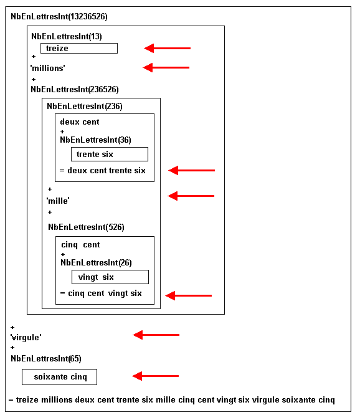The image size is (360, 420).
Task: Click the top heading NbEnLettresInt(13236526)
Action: (59, 17)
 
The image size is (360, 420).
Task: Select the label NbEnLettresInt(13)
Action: (67, 36)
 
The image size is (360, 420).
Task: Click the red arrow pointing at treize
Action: (168, 48)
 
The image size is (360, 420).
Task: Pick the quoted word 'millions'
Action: (47, 69)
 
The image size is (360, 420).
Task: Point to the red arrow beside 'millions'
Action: (166, 67)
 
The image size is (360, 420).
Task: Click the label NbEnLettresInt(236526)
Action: (74, 90)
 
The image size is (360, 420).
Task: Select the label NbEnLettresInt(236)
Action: (85, 107)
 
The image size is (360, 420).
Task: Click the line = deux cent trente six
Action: (102, 170)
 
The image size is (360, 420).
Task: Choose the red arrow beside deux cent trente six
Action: (192, 170)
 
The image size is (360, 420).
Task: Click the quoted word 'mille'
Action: (58, 201)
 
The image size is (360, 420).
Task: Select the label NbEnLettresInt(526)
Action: (86, 227)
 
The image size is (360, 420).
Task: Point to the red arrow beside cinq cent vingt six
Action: (189, 295)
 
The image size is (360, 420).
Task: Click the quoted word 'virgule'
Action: (26, 337)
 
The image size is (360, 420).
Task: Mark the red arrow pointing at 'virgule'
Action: (156, 335)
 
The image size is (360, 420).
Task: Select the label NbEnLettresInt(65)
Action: (45, 358)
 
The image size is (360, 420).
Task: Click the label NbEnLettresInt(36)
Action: (95, 140)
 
